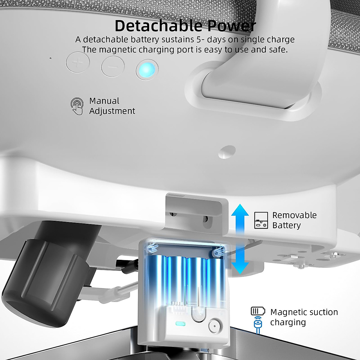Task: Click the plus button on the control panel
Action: point(78,63)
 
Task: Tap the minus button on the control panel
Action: point(113,66)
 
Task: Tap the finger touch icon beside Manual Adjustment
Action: point(77,106)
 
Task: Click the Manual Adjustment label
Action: point(112,106)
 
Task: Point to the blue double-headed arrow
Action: point(240,239)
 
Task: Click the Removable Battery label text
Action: point(294,220)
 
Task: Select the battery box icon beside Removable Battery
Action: point(261,220)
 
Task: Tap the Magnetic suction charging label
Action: point(304,317)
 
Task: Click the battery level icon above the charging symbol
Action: point(258,311)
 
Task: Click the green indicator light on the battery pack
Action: point(180,324)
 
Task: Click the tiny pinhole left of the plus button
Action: point(50,58)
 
